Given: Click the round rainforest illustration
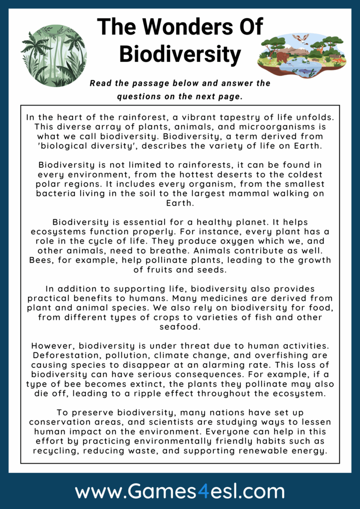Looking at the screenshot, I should (53, 56).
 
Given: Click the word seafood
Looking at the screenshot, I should (180, 327).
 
